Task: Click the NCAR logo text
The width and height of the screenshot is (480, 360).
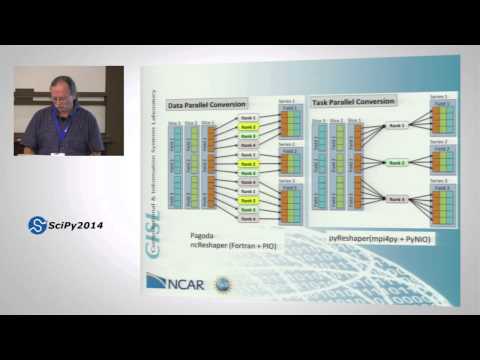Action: click(183, 283)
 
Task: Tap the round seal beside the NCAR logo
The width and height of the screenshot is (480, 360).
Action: click(219, 283)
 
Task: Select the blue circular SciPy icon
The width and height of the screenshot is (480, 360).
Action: click(37, 225)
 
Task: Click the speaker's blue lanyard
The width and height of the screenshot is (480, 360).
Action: click(64, 126)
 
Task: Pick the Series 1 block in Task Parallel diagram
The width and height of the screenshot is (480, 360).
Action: click(441, 119)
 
